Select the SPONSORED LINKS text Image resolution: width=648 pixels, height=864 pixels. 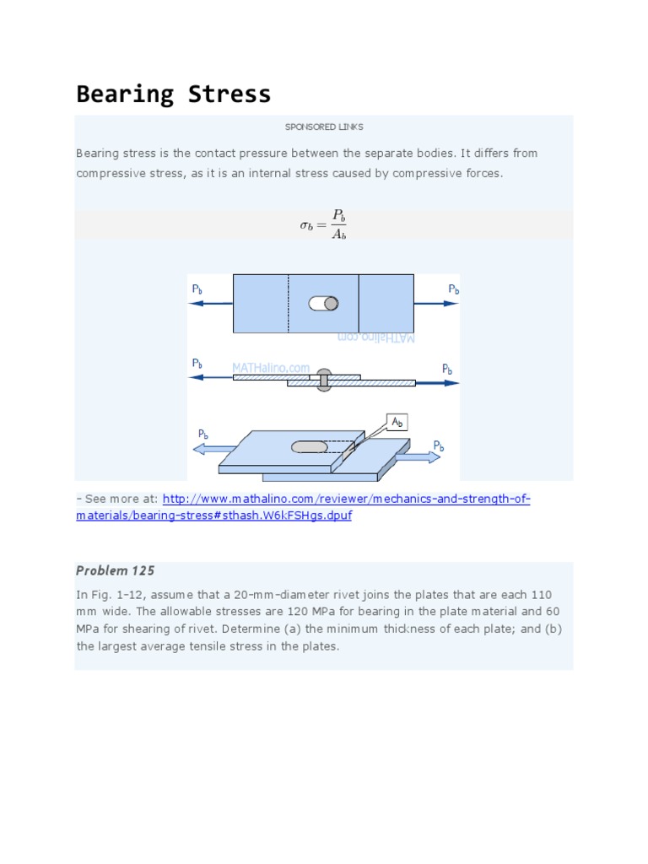(324, 127)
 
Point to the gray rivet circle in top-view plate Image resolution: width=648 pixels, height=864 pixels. (331, 304)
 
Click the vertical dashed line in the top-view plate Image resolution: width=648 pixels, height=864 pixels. (289, 303)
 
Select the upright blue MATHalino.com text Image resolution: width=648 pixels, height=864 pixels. (271, 368)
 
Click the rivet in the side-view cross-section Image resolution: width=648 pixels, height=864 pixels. (323, 380)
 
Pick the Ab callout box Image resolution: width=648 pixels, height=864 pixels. (397, 422)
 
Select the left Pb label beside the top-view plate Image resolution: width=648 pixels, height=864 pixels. (197, 289)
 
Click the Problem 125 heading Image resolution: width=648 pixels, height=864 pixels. (116, 571)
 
